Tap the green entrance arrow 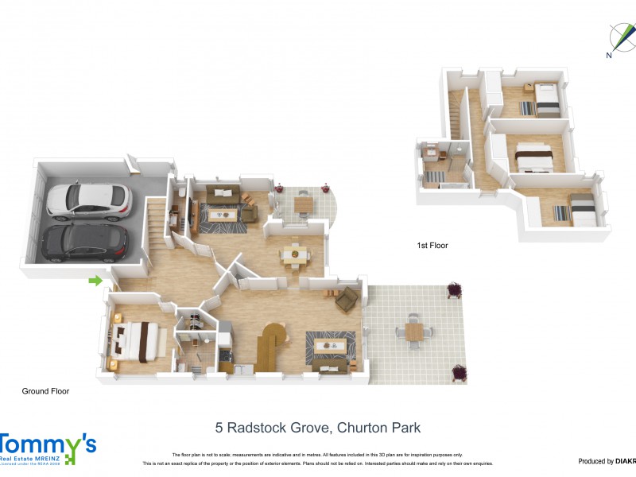pyautogui.click(x=95, y=281)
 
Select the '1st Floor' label pyautogui.click(x=432, y=246)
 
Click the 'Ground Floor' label pyautogui.click(x=45, y=391)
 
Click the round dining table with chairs pyautogui.click(x=295, y=254)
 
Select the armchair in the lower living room pyautogui.click(x=347, y=299)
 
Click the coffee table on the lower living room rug pyautogui.click(x=330, y=345)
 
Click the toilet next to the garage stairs pyautogui.click(x=183, y=193)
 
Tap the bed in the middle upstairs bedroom pyautogui.click(x=533, y=157)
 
